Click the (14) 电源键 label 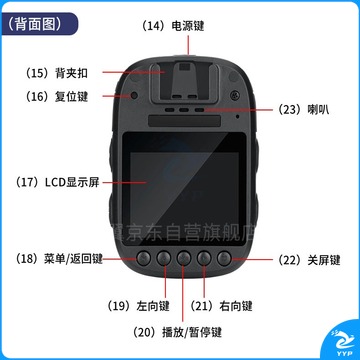tap(173, 26)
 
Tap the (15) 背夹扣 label tap(56, 73)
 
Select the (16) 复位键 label tap(56, 96)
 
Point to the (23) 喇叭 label tap(303, 110)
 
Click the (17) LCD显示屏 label tap(57, 182)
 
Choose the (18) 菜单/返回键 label tap(59, 259)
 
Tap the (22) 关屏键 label tap(309, 260)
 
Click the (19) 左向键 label tap(138, 306)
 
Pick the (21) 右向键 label tap(221, 306)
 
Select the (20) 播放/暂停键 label tap(177, 332)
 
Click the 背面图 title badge tap(39, 24)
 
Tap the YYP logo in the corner tap(342, 343)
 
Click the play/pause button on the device tap(184, 258)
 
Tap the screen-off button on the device tap(224, 258)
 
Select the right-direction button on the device tap(204, 258)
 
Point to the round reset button tap(134, 95)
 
